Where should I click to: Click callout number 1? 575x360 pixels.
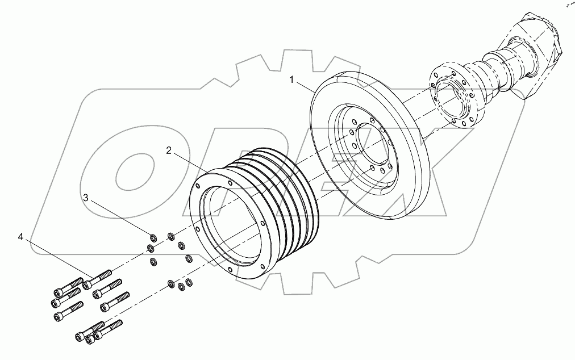[x=292, y=81]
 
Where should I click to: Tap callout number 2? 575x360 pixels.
[x=169, y=150]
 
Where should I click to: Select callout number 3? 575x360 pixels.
[x=86, y=198]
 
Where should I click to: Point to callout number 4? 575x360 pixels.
[x=20, y=237]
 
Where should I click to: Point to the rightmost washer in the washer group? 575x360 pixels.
[x=190, y=258]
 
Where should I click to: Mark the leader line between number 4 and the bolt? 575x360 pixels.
[x=57, y=261]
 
